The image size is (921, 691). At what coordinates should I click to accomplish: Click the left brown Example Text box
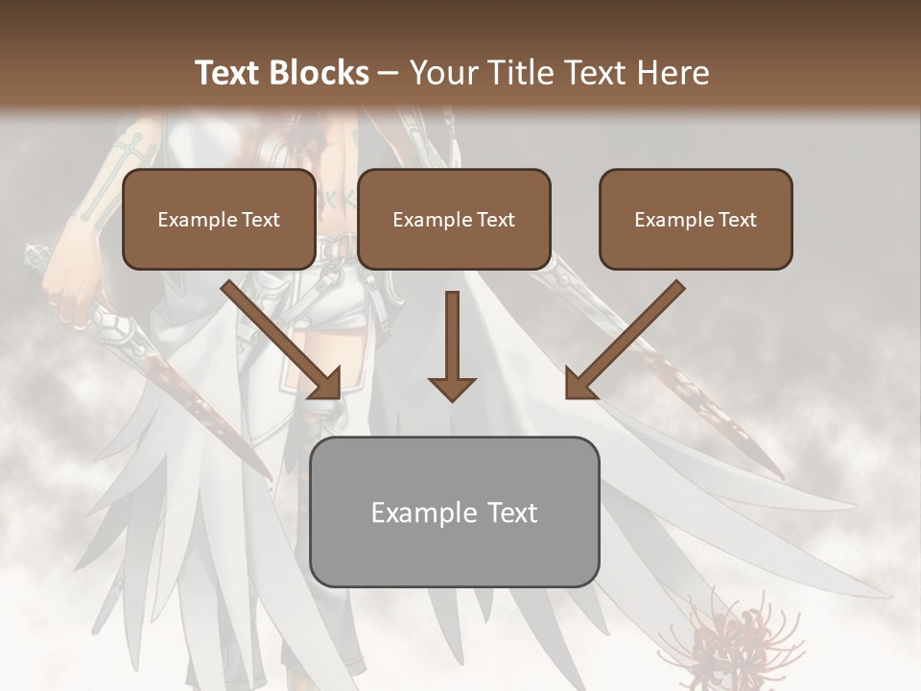(x=219, y=219)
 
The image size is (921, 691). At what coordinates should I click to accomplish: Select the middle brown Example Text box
(x=454, y=219)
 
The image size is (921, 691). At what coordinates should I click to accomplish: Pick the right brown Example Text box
(x=696, y=219)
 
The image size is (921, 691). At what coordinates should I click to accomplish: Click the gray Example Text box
(x=455, y=512)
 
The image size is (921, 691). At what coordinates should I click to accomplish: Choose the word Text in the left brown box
(x=260, y=220)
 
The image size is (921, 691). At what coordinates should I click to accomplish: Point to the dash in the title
(x=389, y=73)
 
